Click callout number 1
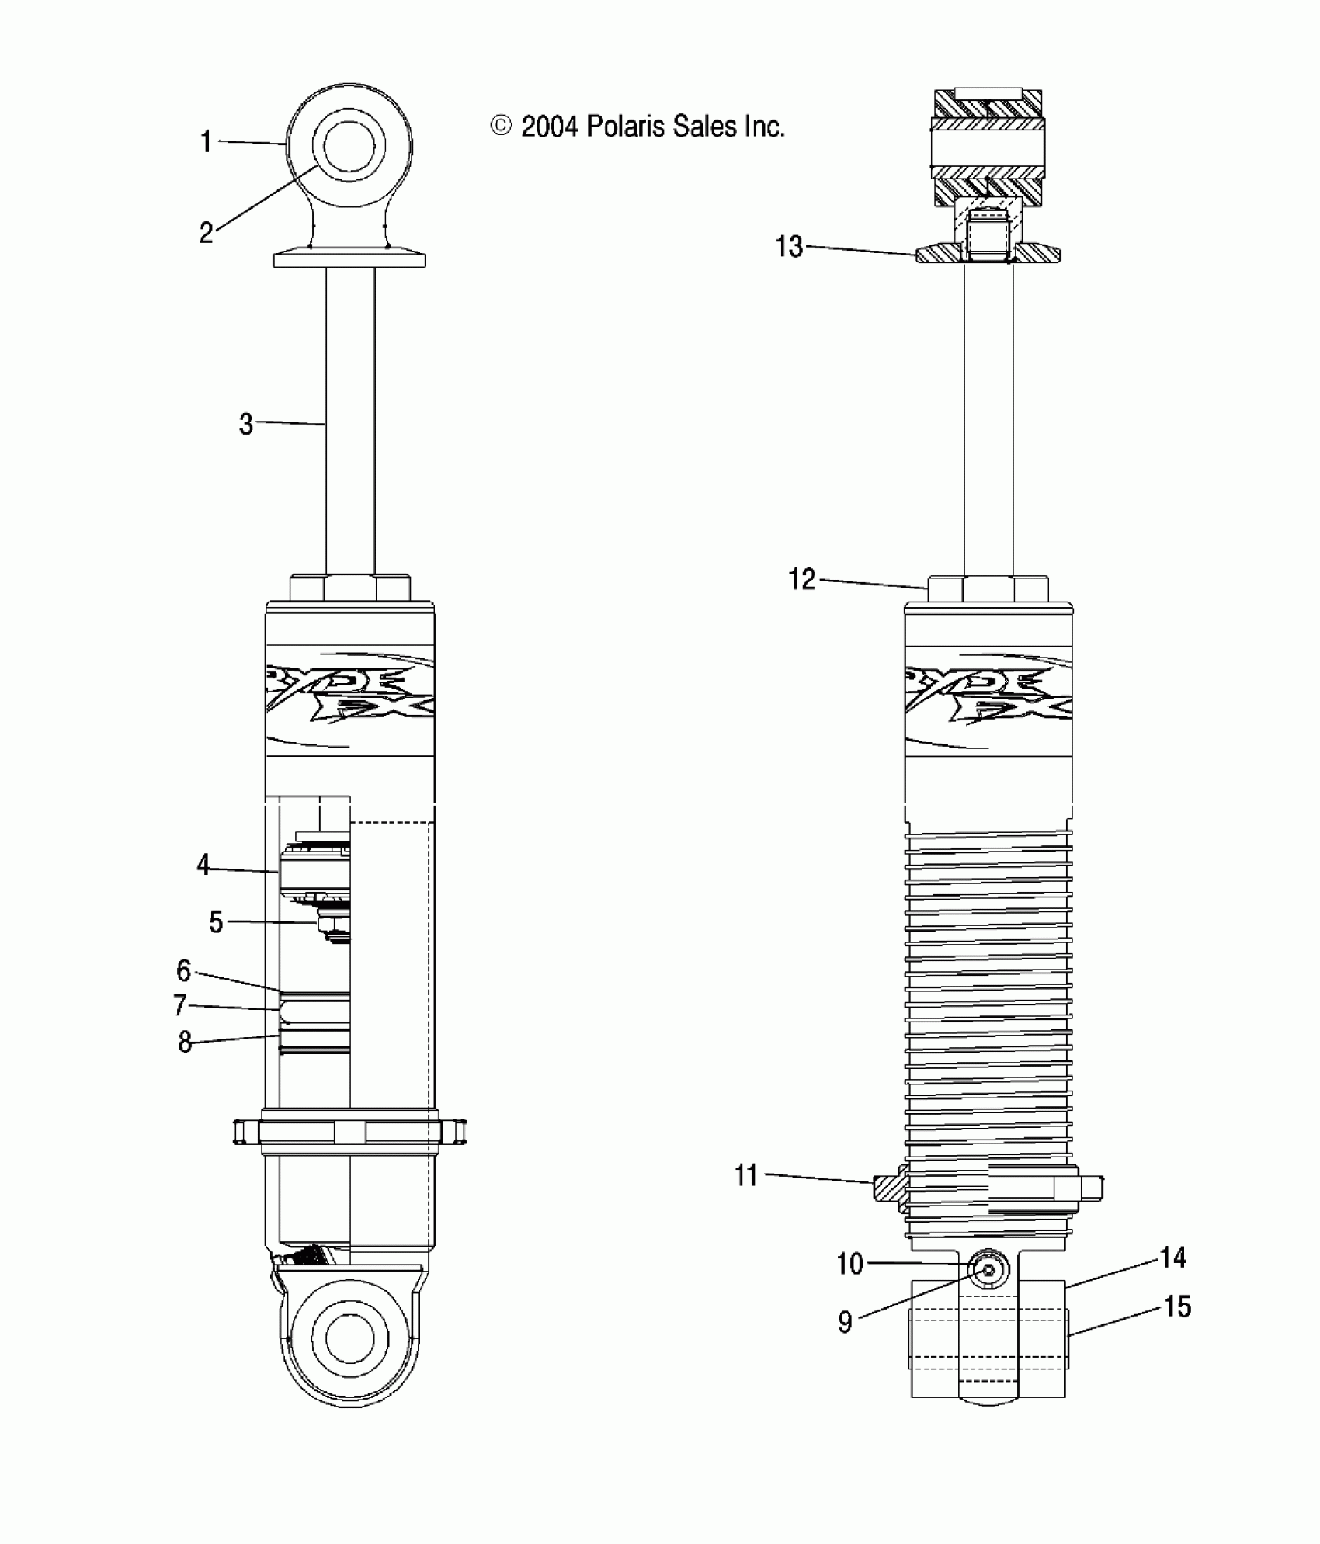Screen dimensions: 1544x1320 (206, 142)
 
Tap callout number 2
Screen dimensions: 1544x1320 (206, 232)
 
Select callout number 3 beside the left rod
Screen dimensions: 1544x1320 (245, 424)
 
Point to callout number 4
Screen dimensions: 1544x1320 (203, 865)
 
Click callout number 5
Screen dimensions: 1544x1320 (216, 922)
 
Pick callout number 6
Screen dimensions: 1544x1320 (184, 970)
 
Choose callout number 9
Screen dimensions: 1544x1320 (846, 1322)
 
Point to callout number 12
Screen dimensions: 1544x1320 (802, 579)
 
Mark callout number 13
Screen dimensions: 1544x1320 (790, 247)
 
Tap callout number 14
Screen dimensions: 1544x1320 (1172, 1258)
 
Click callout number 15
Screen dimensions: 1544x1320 (1177, 1307)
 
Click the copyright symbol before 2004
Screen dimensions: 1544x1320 (502, 126)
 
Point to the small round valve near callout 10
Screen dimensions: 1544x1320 (989, 1271)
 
